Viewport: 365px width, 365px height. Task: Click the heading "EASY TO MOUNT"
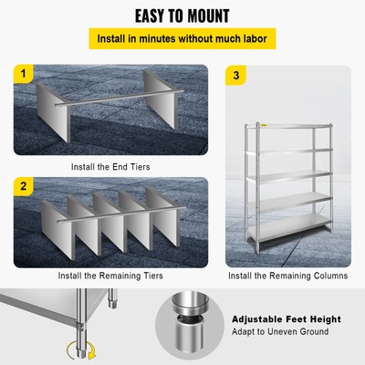click(x=182, y=16)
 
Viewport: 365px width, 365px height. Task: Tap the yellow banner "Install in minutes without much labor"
click(x=182, y=40)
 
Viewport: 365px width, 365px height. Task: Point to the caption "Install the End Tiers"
click(x=110, y=167)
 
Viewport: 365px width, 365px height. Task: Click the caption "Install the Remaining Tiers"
click(x=110, y=275)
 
